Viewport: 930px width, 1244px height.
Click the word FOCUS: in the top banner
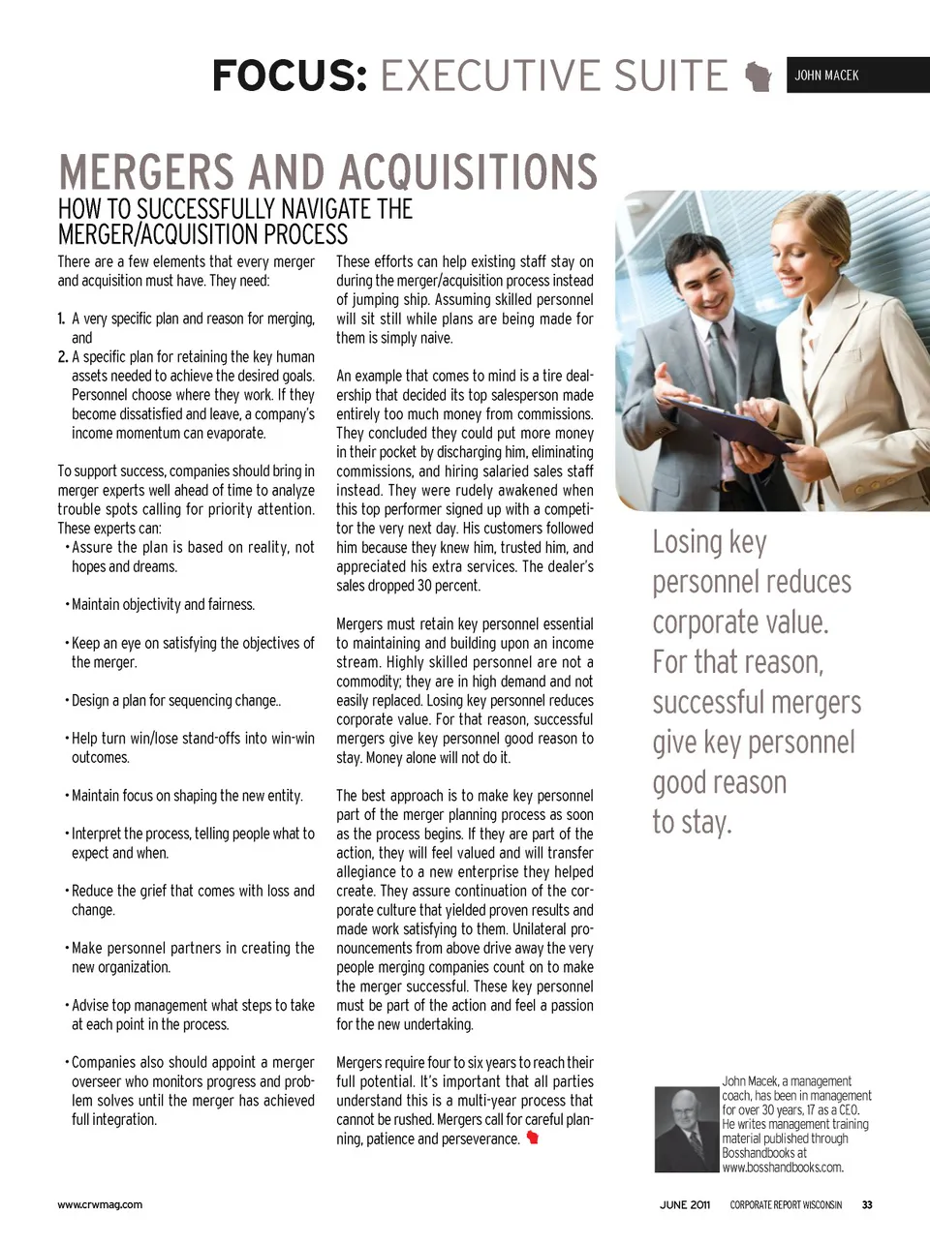290,76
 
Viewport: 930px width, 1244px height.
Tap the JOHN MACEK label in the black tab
826,76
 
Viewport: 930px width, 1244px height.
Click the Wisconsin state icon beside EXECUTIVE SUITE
759,76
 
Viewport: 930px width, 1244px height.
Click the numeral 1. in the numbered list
61,319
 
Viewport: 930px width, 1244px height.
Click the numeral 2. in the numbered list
63,356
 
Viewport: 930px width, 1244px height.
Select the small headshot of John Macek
686,1129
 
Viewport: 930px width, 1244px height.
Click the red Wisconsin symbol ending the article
532,1138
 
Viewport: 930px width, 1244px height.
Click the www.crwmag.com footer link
100,1205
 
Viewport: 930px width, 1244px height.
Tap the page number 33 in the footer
867,1205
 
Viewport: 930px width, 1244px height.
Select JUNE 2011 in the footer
685,1205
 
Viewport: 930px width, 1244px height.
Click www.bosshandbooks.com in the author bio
783,1168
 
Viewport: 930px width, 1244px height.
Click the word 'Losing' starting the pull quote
687,542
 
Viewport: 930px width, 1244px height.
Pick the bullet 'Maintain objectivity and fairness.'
163,605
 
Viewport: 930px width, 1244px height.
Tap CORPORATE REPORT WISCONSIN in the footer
786,1205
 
